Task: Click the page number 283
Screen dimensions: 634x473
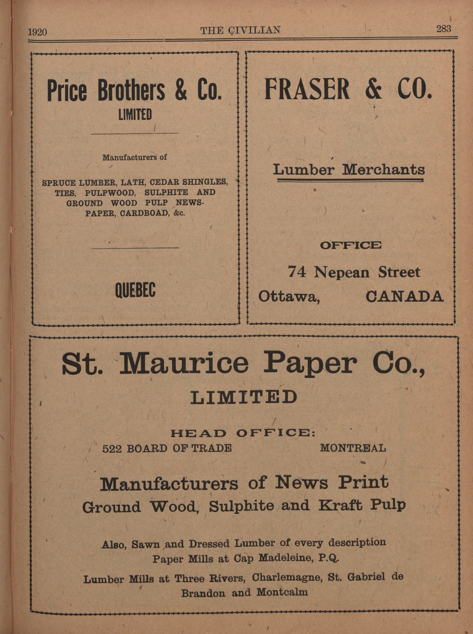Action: click(443, 29)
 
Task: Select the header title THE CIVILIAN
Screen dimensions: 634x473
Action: click(240, 30)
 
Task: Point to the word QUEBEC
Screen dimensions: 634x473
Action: click(135, 290)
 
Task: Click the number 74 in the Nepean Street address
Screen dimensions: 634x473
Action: click(297, 271)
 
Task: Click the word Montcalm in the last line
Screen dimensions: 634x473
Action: click(282, 592)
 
